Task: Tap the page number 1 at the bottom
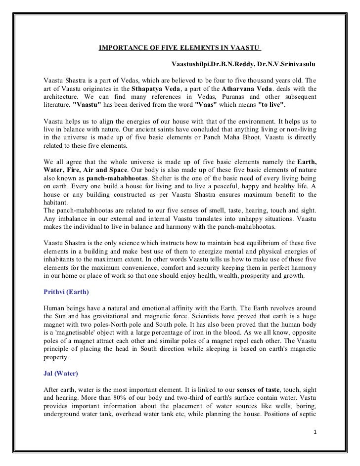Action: pyautogui.click(x=315, y=432)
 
